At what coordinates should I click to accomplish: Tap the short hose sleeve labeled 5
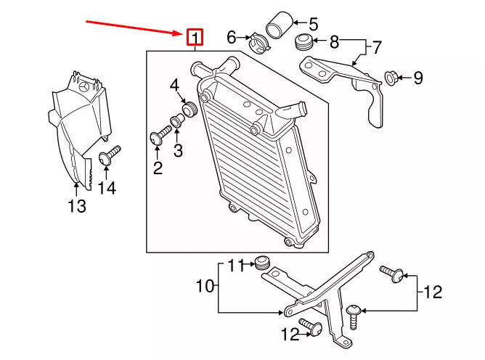(x=277, y=25)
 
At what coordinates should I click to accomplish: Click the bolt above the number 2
(x=160, y=135)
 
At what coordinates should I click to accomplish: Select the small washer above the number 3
(x=177, y=120)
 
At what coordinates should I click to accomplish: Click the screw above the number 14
(x=107, y=155)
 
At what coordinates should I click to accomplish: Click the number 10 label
(x=204, y=286)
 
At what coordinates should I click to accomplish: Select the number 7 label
(x=377, y=49)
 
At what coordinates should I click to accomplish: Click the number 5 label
(x=313, y=23)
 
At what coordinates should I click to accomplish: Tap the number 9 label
(x=417, y=78)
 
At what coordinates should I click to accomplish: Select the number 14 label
(x=107, y=188)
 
